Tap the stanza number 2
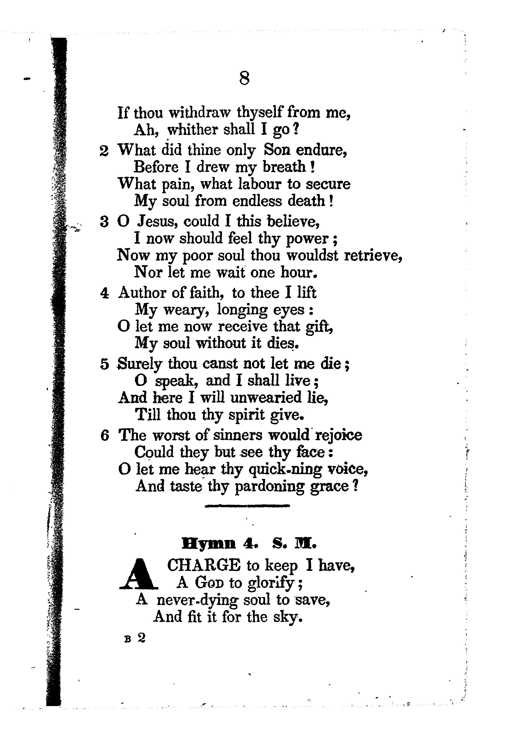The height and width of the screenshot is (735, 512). pyautogui.click(x=104, y=151)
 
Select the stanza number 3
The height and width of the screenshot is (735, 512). pyautogui.click(x=104, y=221)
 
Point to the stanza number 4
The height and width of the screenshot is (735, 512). pyautogui.click(x=104, y=293)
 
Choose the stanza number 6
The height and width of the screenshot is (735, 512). pyautogui.click(x=104, y=436)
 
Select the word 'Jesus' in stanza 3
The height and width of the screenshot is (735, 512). pyautogui.click(x=158, y=221)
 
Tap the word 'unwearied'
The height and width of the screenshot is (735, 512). pyautogui.click(x=266, y=398)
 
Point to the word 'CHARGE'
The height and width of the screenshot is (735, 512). pyautogui.click(x=204, y=565)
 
